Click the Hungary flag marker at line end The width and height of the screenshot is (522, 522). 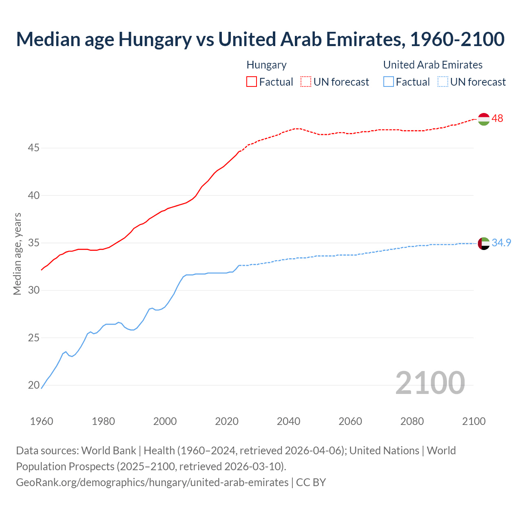pyautogui.click(x=483, y=119)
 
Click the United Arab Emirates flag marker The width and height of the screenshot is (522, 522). pyautogui.click(x=483, y=243)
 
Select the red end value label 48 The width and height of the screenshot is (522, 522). pyautogui.click(x=497, y=119)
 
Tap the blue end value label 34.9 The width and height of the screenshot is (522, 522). pyautogui.click(x=501, y=243)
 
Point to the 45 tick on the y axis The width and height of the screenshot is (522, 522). pyautogui.click(x=33, y=148)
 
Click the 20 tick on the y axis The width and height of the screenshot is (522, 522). pyautogui.click(x=33, y=385)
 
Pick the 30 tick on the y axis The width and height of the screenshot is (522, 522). pyautogui.click(x=33, y=290)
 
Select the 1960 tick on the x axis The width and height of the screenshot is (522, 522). pyautogui.click(x=42, y=421)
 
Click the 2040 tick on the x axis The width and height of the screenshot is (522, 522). pyautogui.click(x=288, y=421)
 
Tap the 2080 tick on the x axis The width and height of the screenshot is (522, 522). pyautogui.click(x=412, y=421)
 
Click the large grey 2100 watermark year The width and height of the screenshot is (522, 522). pyautogui.click(x=430, y=383)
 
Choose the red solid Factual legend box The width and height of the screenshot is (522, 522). pyautogui.click(x=252, y=82)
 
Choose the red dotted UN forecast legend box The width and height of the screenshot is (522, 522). pyautogui.click(x=306, y=82)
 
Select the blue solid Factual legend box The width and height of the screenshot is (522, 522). pyautogui.click(x=389, y=82)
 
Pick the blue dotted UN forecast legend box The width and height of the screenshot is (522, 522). pyautogui.click(x=442, y=82)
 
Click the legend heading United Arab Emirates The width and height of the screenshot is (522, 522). pyautogui.click(x=433, y=65)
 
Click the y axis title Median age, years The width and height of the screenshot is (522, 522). pyautogui.click(x=17, y=254)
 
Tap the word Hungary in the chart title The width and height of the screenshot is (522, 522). pyautogui.click(x=155, y=39)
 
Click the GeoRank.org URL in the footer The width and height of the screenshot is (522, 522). pyautogui.click(x=152, y=482)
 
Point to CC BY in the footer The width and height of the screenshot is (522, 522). pyautogui.click(x=311, y=482)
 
